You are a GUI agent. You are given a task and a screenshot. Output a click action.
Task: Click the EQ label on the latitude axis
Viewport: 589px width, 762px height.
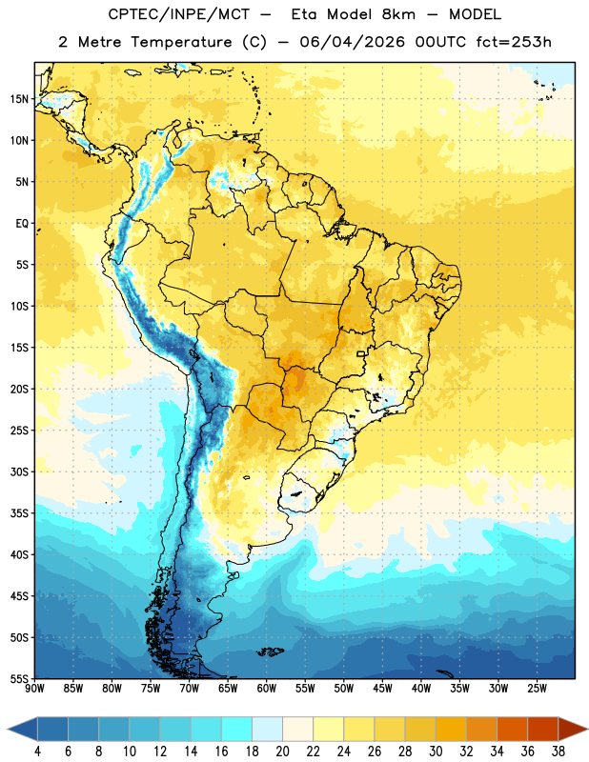pyautogui.click(x=22, y=224)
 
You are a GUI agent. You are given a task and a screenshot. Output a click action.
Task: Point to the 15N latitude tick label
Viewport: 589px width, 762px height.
pyautogui.click(x=19, y=99)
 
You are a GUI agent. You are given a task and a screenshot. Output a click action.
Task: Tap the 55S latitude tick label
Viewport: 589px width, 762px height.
pyautogui.click(x=19, y=678)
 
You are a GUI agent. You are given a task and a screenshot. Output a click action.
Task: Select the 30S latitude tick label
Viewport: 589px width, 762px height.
pyautogui.click(x=19, y=471)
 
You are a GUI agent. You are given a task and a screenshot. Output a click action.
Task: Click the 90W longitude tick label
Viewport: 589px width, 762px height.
pyautogui.click(x=34, y=689)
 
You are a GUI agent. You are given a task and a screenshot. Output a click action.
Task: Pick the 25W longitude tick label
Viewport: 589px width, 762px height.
pyautogui.click(x=537, y=689)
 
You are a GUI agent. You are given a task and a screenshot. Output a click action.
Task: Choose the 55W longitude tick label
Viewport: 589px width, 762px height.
pyautogui.click(x=305, y=689)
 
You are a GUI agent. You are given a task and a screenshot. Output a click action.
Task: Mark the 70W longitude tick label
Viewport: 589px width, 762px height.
pyautogui.click(x=190, y=689)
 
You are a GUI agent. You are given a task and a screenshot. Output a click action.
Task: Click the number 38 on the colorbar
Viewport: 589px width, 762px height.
pyautogui.click(x=558, y=752)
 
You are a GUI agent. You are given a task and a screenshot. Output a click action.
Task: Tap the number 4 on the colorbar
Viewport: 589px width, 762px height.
pyautogui.click(x=37, y=752)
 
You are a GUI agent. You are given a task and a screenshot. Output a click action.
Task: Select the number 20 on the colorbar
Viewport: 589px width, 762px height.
pyautogui.click(x=282, y=752)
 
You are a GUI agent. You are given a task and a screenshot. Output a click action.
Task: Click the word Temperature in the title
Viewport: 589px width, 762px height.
pyautogui.click(x=181, y=42)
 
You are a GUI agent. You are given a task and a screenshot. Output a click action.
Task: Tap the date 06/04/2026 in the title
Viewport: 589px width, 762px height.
pyautogui.click(x=352, y=42)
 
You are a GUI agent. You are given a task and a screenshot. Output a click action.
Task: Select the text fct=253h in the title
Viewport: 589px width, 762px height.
pyautogui.click(x=514, y=42)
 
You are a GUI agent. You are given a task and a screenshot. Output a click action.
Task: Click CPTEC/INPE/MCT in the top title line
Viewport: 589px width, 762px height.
pyautogui.click(x=179, y=14)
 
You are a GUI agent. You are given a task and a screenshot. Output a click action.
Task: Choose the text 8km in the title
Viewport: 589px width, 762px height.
pyautogui.click(x=398, y=14)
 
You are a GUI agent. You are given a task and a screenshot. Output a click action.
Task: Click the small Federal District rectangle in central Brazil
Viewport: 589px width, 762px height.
pyautogui.click(x=361, y=353)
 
